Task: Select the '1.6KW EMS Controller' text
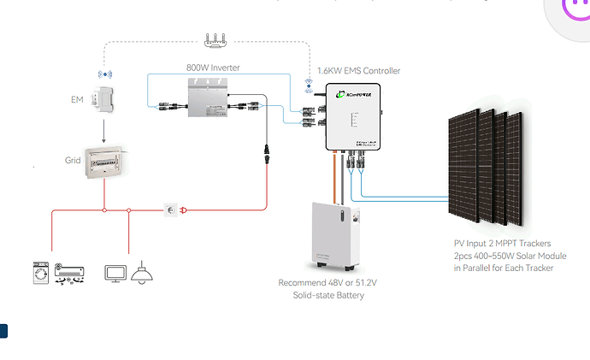[x=358, y=70]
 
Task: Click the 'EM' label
[x=78, y=100]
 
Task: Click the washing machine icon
[x=40, y=272]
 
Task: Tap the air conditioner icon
[x=70, y=272]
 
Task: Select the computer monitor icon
[x=115, y=272]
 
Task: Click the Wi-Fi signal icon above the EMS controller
[x=308, y=85]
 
